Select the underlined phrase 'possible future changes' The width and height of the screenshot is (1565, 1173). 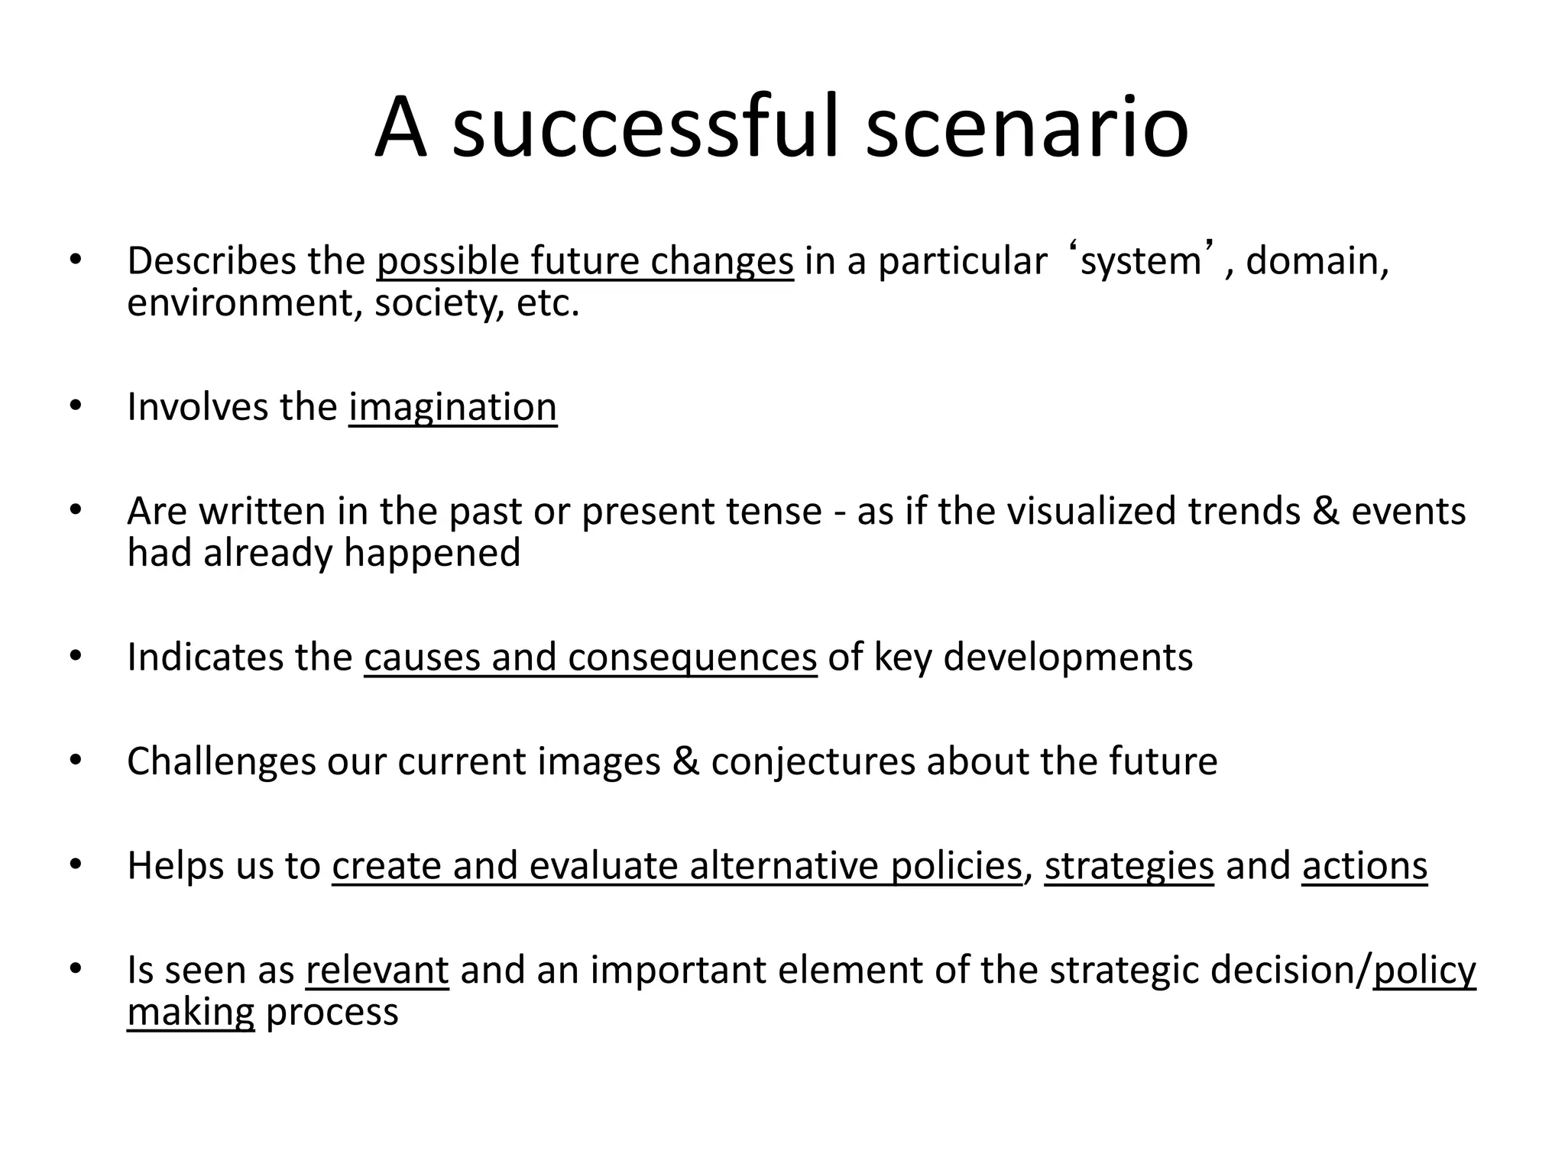585,261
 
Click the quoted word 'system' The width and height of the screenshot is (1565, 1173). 1140,261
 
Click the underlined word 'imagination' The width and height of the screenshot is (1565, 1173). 453,406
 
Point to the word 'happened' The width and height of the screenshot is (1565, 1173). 432,552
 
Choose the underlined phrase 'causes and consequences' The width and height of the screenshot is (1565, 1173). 590,657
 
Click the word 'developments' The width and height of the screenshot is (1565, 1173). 1068,657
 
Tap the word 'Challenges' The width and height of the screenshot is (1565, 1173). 222,761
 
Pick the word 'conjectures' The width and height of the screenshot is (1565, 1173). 813,761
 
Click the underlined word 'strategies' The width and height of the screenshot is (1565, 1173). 1129,866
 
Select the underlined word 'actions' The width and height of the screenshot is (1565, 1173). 1365,866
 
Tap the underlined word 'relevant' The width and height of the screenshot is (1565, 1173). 377,970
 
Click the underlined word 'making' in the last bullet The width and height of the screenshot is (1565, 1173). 190,1012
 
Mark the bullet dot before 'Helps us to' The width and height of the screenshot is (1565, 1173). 74,865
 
